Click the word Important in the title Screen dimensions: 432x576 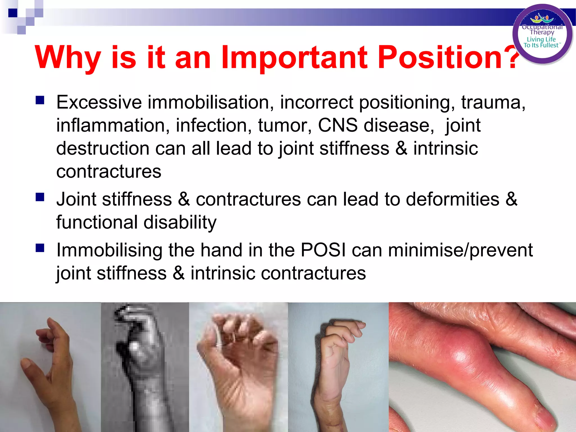[x=294, y=58]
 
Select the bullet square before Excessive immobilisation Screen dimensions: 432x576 [x=40, y=100]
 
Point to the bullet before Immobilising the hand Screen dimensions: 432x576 [x=40, y=248]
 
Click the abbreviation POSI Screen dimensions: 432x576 [x=323, y=250]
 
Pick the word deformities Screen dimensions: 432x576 [x=453, y=199]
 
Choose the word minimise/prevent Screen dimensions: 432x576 [x=460, y=250]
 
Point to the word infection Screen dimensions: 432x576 [x=213, y=125]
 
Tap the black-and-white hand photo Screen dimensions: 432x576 [x=145, y=366]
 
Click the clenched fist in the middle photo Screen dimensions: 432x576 [x=239, y=346]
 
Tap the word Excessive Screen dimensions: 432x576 [x=99, y=102]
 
